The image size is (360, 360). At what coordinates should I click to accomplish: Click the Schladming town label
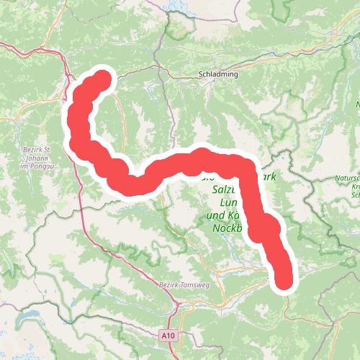217,74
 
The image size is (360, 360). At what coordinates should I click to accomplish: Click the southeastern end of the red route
284,279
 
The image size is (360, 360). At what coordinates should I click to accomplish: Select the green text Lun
225,203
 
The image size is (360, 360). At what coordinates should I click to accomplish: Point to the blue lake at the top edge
176,6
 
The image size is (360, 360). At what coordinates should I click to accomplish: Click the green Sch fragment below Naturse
354,194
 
